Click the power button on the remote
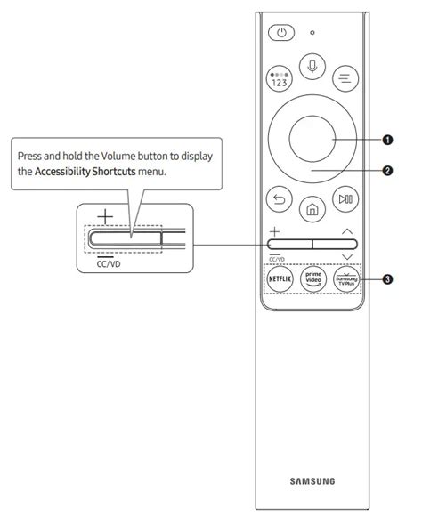(281, 33)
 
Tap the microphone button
(312, 67)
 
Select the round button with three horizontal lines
(345, 78)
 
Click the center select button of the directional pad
(312, 139)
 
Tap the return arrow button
(279, 199)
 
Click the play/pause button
(345, 199)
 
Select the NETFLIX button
(280, 279)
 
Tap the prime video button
(313, 279)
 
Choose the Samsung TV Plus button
(346, 279)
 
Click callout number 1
(387, 140)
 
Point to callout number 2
(387, 171)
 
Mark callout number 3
(387, 279)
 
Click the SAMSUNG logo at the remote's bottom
(312, 481)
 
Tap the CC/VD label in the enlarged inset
(109, 263)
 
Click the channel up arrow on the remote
(347, 231)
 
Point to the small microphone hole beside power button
(312, 33)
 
